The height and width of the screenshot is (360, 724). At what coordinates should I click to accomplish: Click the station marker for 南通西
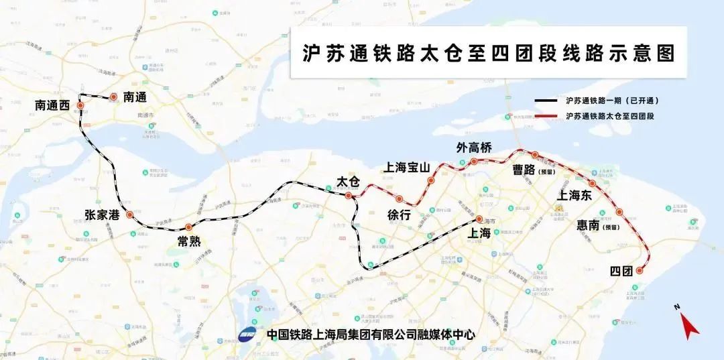tap(80, 106)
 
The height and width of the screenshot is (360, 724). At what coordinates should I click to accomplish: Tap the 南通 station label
tap(135, 97)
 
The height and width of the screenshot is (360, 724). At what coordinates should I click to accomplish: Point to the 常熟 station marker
tap(189, 227)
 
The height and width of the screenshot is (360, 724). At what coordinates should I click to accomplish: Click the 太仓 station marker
tap(348, 196)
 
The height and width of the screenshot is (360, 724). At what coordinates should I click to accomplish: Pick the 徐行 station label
tap(398, 215)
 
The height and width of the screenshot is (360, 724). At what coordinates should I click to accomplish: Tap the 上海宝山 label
tap(406, 168)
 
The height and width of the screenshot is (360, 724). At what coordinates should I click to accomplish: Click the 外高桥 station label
tap(474, 147)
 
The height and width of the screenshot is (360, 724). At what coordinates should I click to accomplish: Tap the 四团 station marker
tap(639, 271)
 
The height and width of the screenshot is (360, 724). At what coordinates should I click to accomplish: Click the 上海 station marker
tap(479, 219)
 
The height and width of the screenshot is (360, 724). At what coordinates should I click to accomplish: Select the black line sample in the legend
tap(548, 101)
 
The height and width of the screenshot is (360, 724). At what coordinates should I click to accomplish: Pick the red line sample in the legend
tap(548, 116)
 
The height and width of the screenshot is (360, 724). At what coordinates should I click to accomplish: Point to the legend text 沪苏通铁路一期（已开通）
tap(613, 101)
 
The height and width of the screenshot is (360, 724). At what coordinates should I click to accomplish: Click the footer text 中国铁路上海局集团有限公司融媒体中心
tap(370, 334)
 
